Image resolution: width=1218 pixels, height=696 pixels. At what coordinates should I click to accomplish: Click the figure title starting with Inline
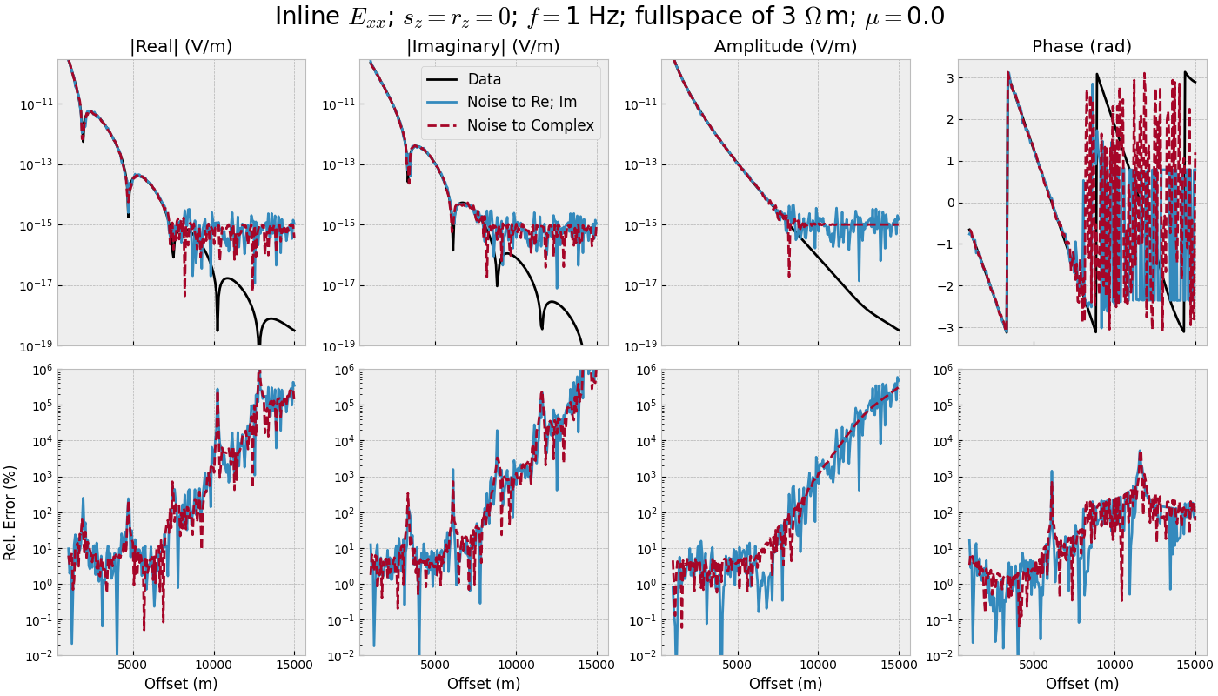click(609, 17)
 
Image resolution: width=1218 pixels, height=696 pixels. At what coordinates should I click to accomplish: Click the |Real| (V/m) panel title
click(181, 47)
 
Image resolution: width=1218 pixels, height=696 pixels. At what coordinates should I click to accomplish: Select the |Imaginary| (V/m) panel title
click(483, 47)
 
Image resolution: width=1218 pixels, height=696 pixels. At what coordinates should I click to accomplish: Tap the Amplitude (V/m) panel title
click(786, 47)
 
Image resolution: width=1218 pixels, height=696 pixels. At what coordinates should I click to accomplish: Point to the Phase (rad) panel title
click(1081, 47)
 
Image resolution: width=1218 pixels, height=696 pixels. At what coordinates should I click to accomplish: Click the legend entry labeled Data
click(484, 79)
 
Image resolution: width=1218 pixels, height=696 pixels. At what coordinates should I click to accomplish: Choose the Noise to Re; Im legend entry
click(521, 102)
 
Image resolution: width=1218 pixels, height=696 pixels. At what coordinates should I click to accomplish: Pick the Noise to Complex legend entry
click(530, 125)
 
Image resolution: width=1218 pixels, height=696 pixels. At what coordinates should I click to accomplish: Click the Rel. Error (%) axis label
click(10, 512)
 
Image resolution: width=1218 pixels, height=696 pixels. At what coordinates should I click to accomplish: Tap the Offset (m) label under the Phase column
click(1082, 684)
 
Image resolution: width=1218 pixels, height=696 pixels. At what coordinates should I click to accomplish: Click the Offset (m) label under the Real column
click(181, 684)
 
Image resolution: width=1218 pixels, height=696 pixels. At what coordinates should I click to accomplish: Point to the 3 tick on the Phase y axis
click(949, 78)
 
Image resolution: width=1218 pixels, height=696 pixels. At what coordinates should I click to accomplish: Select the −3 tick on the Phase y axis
click(946, 328)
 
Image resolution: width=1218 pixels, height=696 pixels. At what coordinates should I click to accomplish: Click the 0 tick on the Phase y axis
click(949, 203)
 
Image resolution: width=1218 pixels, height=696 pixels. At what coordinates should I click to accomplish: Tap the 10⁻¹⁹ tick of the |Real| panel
click(36, 345)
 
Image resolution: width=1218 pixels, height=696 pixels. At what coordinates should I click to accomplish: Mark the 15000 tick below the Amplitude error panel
click(898, 666)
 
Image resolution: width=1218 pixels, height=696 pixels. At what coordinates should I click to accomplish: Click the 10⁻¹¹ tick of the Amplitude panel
click(639, 104)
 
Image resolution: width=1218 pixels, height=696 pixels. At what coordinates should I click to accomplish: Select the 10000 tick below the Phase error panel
click(1114, 666)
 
